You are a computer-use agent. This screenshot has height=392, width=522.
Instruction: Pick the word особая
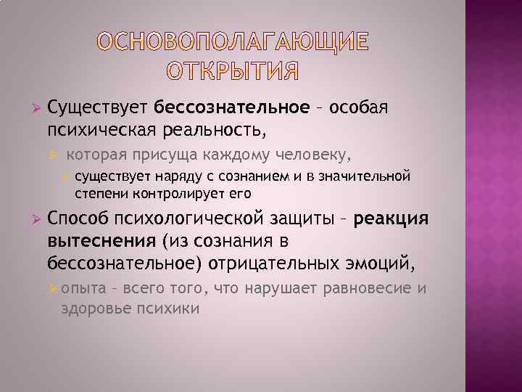click(360, 108)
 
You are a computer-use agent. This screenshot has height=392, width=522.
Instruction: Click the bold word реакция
click(391, 220)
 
